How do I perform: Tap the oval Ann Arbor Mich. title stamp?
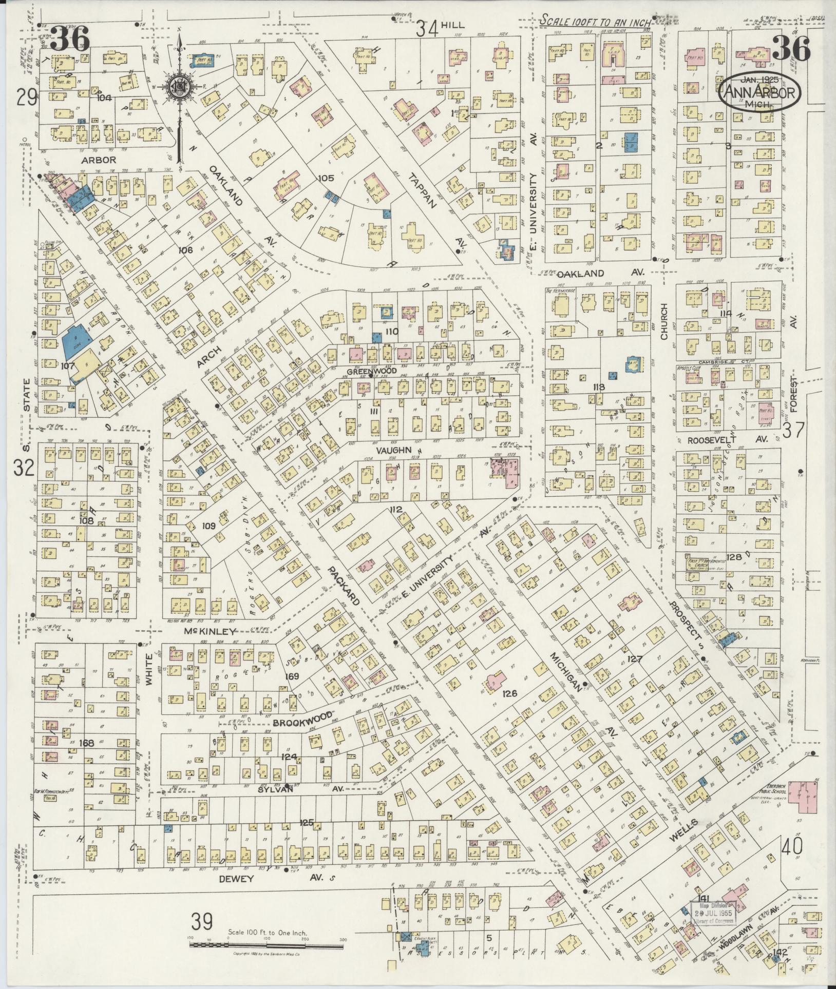759,92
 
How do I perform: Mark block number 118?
598,387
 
